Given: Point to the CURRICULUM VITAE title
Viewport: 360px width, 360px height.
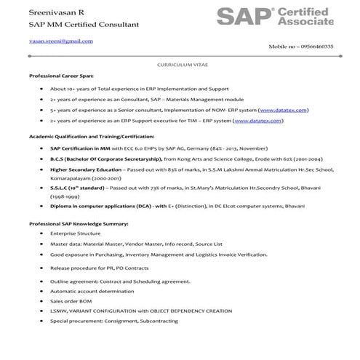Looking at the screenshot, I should point(179,65).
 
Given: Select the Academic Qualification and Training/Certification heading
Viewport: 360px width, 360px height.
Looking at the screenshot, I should point(92,136).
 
